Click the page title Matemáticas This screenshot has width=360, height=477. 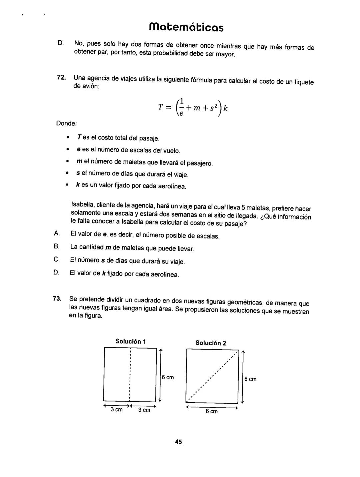[186, 27]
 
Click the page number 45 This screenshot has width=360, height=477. [178, 442]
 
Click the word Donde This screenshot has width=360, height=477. [66, 123]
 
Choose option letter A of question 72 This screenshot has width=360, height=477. [56, 233]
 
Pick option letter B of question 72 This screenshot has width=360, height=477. [56, 247]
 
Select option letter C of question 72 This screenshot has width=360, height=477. [56, 259]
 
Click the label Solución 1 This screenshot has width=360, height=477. [131, 341]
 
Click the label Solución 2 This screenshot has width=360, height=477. [211, 343]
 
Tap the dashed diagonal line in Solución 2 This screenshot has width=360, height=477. [212, 376]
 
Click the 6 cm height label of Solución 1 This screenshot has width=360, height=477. [168, 378]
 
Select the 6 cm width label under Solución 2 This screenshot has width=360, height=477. [211, 412]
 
